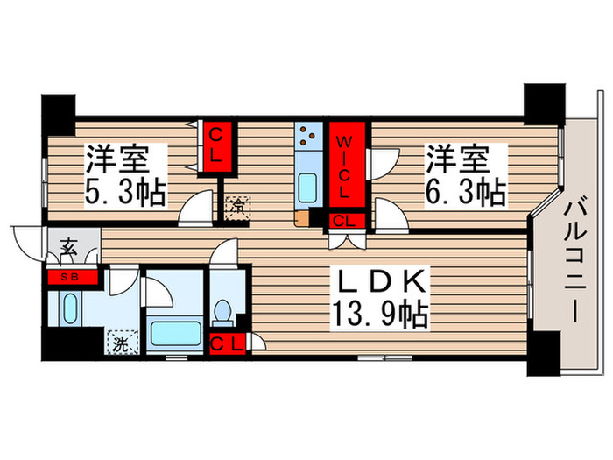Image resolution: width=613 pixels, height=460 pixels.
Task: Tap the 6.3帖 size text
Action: point(467,192)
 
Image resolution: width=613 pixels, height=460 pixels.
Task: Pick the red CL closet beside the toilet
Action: point(227,343)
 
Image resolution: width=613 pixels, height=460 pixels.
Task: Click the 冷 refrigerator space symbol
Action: point(236,209)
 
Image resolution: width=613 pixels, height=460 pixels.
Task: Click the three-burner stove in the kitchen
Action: point(308,136)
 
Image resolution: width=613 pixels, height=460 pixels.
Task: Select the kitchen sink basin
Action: point(308,186)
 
